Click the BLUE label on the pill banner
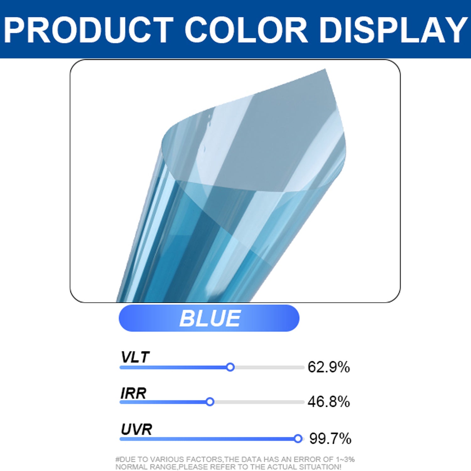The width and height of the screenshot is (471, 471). click(210, 318)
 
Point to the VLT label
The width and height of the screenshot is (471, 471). click(135, 357)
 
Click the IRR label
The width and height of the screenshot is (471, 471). click(133, 393)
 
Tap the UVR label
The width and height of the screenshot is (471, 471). click(137, 429)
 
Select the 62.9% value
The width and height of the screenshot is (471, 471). click(329, 367)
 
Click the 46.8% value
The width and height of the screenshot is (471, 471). click(329, 402)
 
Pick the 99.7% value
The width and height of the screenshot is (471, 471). click(330, 439)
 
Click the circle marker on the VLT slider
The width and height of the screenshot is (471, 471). click(230, 367)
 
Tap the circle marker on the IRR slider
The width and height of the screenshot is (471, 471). click(210, 402)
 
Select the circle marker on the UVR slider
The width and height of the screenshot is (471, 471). click(298, 439)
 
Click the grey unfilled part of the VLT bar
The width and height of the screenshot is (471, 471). click(269, 367)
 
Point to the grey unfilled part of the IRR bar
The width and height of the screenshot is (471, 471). click(259, 402)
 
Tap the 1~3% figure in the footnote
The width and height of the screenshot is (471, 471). click(345, 459)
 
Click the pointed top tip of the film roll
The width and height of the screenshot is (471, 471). click(325, 69)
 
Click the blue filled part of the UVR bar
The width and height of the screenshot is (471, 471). click(207, 439)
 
